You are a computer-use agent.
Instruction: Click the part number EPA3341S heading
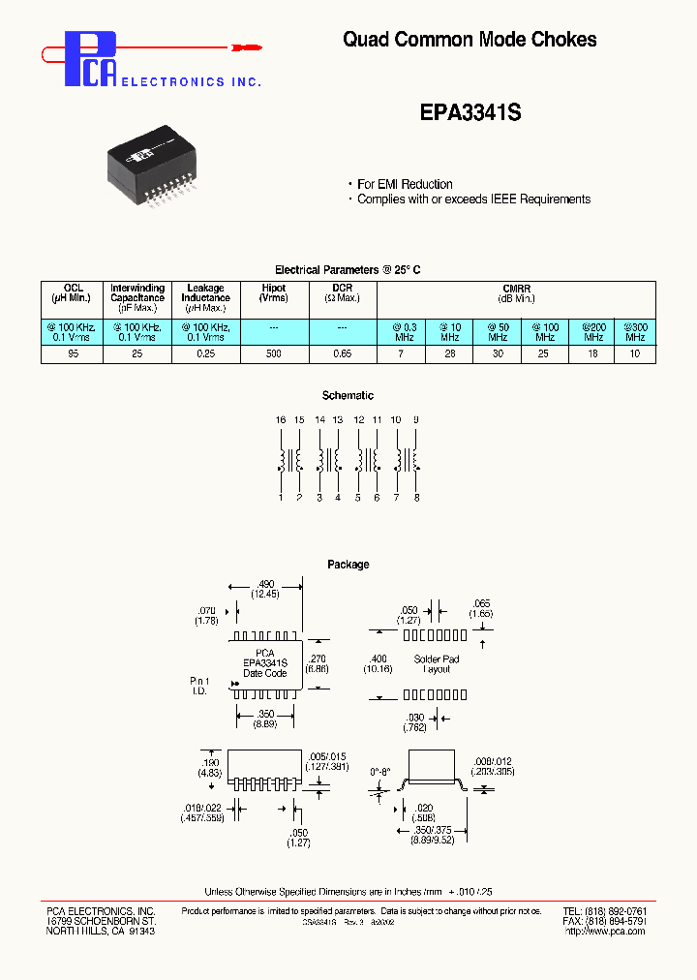(x=470, y=112)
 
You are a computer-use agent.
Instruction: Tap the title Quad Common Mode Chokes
(x=470, y=40)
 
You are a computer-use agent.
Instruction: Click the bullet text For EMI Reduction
(x=405, y=184)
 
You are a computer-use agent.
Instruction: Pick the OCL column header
(x=74, y=292)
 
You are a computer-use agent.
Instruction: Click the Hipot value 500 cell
(x=273, y=355)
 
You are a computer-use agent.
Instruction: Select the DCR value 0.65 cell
(x=343, y=355)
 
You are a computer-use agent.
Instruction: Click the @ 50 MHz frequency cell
(x=498, y=332)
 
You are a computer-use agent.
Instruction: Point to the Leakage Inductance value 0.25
(x=204, y=355)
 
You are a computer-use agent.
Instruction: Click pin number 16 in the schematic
(x=281, y=420)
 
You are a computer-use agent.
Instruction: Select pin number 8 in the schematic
(x=416, y=498)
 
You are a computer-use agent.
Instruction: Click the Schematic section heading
(x=348, y=396)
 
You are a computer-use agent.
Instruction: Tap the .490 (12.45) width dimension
(x=266, y=589)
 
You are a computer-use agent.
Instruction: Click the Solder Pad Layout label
(x=437, y=664)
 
